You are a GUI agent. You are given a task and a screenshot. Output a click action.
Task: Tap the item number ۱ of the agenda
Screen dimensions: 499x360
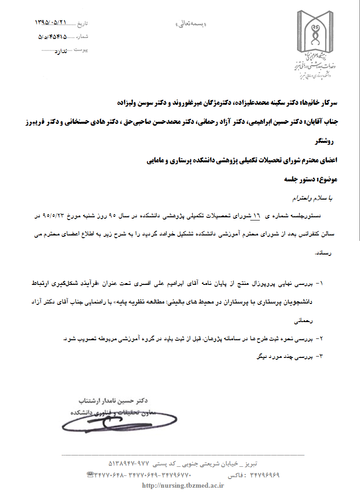click(321, 283)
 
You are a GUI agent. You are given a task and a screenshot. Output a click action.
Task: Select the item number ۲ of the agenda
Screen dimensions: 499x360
click(321, 338)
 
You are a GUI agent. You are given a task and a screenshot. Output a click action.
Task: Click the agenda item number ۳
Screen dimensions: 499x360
click(321, 357)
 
